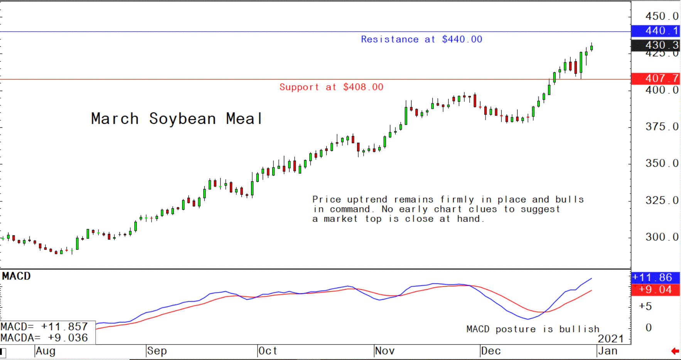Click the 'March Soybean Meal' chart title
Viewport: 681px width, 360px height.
point(177,119)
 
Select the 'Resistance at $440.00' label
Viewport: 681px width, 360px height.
point(421,39)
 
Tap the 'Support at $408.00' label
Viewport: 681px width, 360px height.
point(331,87)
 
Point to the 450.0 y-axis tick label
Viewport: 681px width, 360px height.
point(662,16)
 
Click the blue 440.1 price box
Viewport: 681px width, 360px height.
point(656,31)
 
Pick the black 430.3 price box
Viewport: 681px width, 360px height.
point(656,45)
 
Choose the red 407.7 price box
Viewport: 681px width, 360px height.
point(656,78)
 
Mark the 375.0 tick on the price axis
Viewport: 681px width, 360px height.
point(662,127)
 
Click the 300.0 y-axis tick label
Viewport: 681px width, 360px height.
point(662,237)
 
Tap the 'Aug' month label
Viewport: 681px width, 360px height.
point(46,351)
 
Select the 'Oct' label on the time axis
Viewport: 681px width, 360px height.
point(268,351)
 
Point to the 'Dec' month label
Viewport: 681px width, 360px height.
point(491,351)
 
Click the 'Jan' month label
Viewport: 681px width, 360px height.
point(608,351)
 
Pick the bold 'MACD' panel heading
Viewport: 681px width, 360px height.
point(16,276)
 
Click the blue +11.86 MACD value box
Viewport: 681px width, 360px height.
point(656,277)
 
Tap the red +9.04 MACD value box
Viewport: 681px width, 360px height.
point(656,290)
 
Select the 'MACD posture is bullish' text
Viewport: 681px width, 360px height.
point(533,329)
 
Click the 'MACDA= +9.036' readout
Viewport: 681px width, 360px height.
point(44,338)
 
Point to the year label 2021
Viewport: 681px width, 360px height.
point(611,339)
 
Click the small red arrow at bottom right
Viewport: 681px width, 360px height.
point(675,351)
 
